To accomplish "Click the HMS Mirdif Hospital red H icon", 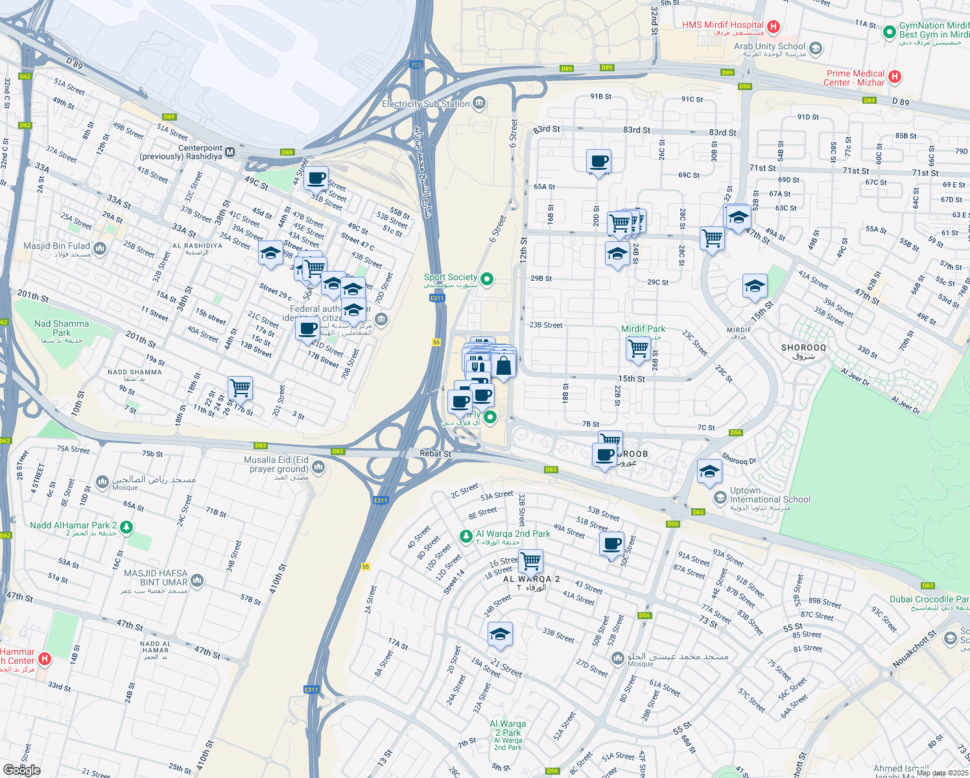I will click(x=773, y=27).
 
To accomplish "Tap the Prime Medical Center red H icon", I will click(x=895, y=77).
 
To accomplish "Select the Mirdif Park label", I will click(x=643, y=329).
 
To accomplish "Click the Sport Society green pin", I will click(x=487, y=279).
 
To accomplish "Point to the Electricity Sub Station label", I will click(x=425, y=104).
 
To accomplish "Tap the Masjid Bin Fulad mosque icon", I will click(x=100, y=248).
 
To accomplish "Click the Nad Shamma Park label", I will click(x=62, y=328).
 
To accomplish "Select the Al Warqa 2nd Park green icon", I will click(x=466, y=536).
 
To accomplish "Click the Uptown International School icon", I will click(x=719, y=498).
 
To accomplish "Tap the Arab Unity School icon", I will click(x=816, y=48).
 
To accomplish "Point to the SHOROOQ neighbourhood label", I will click(x=803, y=348).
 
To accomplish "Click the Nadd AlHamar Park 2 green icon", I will click(x=126, y=527).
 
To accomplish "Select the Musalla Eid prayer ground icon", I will click(x=318, y=467).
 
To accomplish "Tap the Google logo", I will click(x=21, y=770).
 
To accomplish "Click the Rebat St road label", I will click(x=435, y=454).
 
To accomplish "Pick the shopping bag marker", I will click(x=503, y=366).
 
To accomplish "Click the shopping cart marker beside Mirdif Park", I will click(x=638, y=348).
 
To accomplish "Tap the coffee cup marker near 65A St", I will click(x=598, y=161).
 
